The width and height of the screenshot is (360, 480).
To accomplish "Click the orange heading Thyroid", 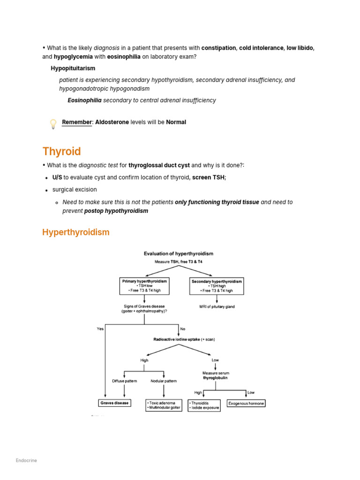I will click(61, 151).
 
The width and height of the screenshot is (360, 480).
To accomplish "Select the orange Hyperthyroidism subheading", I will click(75, 232).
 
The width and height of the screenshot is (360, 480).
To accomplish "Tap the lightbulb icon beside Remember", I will click(53, 124).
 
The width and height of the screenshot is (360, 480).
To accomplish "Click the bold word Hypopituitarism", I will click(73, 68).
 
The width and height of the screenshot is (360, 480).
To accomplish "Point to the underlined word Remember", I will click(77, 122).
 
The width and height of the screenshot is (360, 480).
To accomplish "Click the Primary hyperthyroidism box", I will click(144, 286).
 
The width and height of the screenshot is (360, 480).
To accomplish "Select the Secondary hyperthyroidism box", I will click(217, 286).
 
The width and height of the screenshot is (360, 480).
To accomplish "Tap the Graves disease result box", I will click(114, 403).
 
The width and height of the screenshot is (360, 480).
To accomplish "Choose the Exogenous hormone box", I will click(246, 403).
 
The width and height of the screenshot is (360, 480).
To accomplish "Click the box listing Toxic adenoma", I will click(164, 405).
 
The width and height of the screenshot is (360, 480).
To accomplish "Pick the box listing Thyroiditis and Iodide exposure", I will click(204, 405).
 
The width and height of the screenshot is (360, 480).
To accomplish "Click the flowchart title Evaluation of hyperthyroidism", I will click(178, 254).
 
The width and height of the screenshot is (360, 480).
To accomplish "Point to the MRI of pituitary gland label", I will click(217, 307).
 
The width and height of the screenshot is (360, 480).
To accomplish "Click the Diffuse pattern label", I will click(124, 381).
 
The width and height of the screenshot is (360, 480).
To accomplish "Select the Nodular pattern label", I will click(164, 381).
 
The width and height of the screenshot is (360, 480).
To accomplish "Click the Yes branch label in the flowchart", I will click(100, 329).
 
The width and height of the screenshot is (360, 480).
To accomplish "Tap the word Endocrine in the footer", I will click(26, 460).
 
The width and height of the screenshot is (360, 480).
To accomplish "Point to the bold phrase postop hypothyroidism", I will click(116, 211).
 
